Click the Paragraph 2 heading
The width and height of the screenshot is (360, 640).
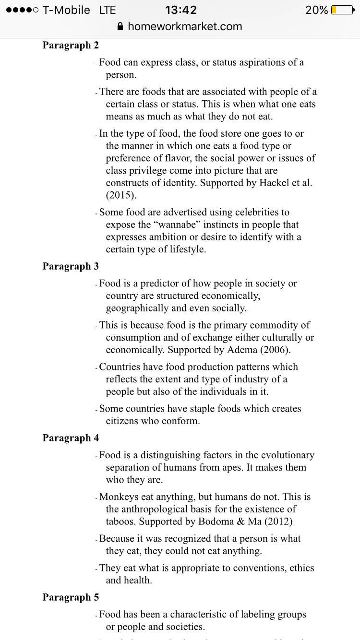(x=71, y=46)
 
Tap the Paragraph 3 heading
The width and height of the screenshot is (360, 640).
(x=71, y=266)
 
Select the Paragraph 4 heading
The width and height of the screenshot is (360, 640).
(x=71, y=438)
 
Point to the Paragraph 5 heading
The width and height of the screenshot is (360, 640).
(x=71, y=597)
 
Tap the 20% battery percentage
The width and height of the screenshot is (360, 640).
(x=317, y=10)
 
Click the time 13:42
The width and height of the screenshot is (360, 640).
(x=180, y=10)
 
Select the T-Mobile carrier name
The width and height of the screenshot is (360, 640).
(x=66, y=10)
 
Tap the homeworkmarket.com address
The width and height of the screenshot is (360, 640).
(x=185, y=26)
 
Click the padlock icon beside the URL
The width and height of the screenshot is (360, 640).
(x=120, y=26)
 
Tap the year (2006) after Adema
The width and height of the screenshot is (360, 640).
(x=274, y=350)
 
